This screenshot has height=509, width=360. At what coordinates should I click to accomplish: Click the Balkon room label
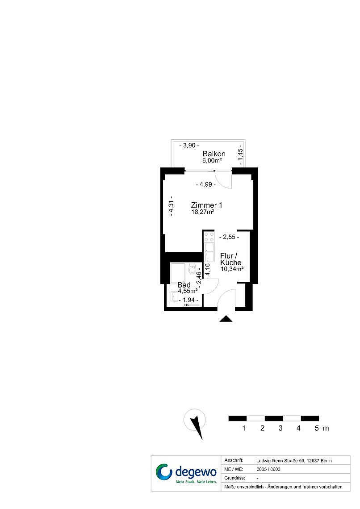pyautogui.click(x=214, y=154)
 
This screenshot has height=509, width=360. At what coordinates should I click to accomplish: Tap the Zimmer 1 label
pyautogui.click(x=206, y=205)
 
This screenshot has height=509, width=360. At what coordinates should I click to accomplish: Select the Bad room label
pyautogui.click(x=184, y=285)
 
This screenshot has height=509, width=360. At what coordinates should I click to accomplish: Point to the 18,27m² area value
pyautogui.click(x=203, y=212)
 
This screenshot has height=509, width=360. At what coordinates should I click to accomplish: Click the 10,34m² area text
pyautogui.click(x=232, y=269)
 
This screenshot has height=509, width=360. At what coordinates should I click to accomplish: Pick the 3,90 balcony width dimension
pyautogui.click(x=189, y=146)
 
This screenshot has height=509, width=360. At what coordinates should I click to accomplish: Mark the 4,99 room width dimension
pyautogui.click(x=206, y=184)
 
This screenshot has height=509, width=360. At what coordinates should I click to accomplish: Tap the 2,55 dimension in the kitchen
pyautogui.click(x=229, y=237)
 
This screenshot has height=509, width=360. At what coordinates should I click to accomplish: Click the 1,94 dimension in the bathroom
pyautogui.click(x=188, y=300)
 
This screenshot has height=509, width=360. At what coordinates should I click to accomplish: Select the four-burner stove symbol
pyautogui.click(x=209, y=237)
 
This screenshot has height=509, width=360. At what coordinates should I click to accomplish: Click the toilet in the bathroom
pyautogui.click(x=192, y=268)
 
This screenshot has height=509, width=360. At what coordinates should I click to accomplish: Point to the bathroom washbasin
pyautogui.click(x=174, y=296)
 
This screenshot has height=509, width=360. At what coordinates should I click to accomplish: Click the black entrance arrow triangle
pyautogui.click(x=226, y=319)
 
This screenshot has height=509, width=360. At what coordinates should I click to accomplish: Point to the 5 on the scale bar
pyautogui.click(x=317, y=428)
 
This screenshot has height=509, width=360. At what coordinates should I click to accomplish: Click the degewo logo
pyautogui.click(x=186, y=473)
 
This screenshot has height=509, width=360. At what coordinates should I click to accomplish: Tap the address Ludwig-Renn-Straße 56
pyautogui.click(x=280, y=461)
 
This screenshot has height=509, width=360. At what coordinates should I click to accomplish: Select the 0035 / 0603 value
pyautogui.click(x=268, y=469)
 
